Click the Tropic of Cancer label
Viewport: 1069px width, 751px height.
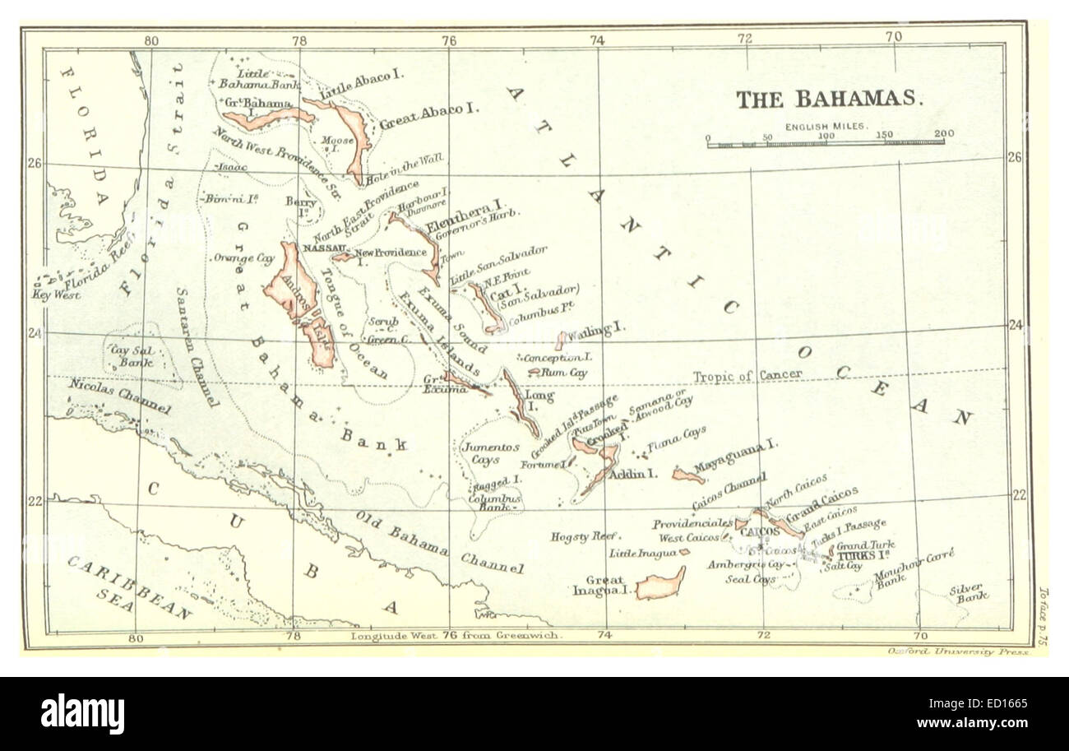[747, 375]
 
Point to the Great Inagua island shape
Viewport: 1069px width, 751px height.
[660, 585]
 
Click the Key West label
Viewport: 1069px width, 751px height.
[57, 294]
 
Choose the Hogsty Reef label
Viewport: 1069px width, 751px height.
[582, 536]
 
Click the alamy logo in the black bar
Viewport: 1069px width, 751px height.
[82, 713]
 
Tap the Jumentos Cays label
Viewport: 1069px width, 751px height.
[491, 453]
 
